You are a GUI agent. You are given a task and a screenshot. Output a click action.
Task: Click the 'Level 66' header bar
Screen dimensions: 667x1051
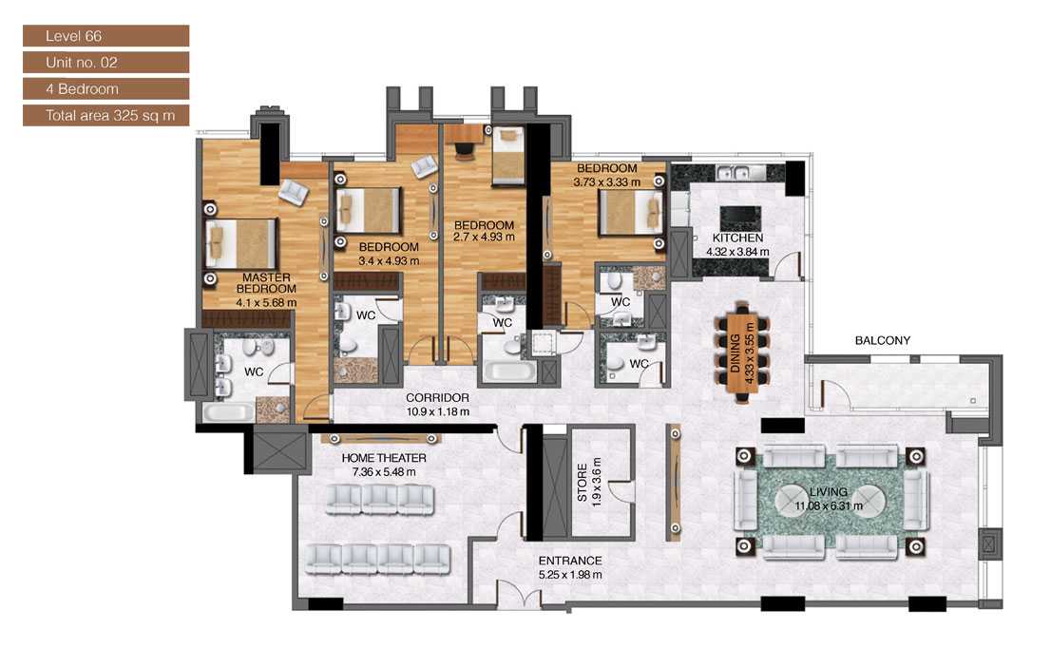[x=105, y=36]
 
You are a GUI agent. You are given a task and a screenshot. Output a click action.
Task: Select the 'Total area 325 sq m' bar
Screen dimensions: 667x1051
[x=105, y=115]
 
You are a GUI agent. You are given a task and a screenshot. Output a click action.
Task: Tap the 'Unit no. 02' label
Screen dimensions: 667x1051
[x=105, y=63]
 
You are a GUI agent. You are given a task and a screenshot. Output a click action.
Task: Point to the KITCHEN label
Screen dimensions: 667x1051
[x=738, y=238]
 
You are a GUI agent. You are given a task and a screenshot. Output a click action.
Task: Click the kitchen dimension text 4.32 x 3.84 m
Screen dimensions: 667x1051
[x=737, y=253]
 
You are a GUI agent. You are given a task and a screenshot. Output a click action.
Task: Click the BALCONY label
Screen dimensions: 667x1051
[x=882, y=340]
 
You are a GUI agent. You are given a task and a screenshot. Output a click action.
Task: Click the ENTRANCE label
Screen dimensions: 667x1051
[x=570, y=561]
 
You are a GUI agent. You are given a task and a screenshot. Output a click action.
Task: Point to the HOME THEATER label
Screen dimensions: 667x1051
[x=384, y=458]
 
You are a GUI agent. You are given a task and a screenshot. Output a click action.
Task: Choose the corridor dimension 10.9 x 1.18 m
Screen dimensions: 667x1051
[x=437, y=411]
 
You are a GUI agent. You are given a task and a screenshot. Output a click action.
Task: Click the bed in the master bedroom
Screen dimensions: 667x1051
[x=243, y=243]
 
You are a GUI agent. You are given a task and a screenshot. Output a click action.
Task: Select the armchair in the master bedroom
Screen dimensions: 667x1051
[x=293, y=192]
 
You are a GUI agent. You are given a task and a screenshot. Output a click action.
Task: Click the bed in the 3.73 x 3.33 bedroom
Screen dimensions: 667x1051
[x=629, y=211]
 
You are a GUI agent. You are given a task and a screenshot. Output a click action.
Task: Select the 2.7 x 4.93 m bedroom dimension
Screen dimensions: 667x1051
[x=483, y=237]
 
